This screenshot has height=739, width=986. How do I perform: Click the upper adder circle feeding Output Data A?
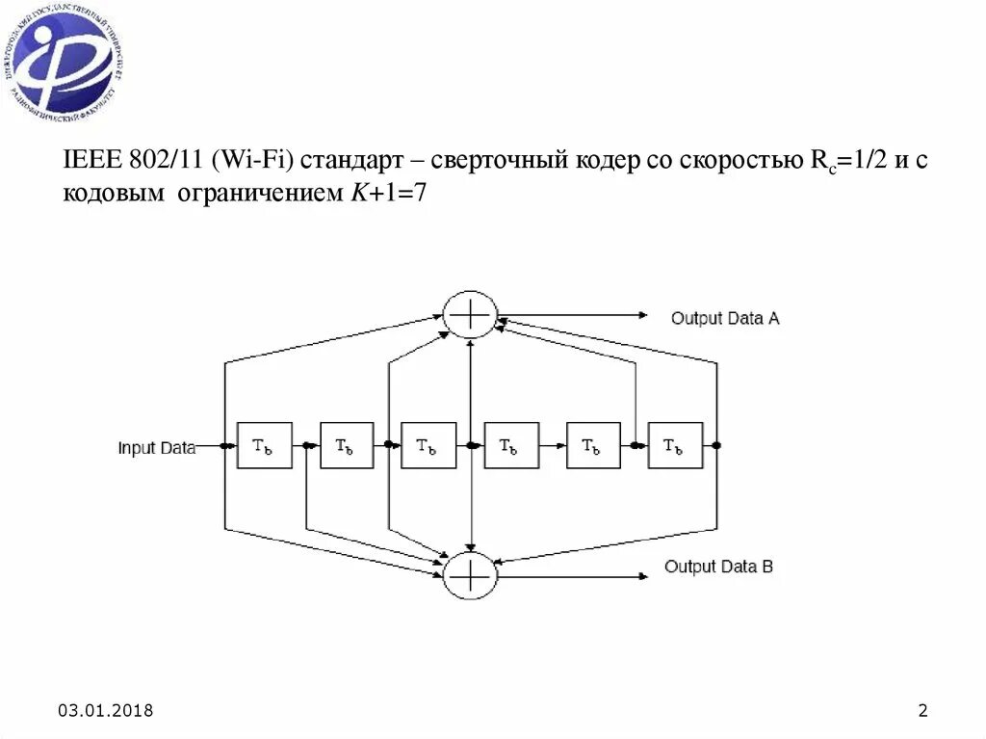pos(470,314)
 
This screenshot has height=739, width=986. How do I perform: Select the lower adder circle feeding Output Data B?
pos(470,575)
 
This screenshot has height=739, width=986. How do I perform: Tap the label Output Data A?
pos(724,318)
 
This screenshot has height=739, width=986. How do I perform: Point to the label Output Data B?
pos(718,567)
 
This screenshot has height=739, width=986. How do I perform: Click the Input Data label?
pos(156,447)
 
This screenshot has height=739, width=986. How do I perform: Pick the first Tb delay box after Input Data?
pos(264,445)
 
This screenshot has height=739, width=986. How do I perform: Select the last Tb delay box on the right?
pos(675,445)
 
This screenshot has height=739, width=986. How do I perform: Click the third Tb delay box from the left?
pos(428,445)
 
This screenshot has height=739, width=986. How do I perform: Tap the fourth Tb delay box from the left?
pos(511,445)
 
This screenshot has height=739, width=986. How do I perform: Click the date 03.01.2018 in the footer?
pos(106,711)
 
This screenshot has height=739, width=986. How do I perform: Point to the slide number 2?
pos(922,711)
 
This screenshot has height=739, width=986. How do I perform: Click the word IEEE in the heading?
pos(91,160)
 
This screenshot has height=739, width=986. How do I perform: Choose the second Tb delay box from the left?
pos(347,445)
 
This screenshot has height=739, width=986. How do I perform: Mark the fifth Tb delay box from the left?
pos(593,445)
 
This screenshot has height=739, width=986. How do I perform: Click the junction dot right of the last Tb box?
pos(717,445)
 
